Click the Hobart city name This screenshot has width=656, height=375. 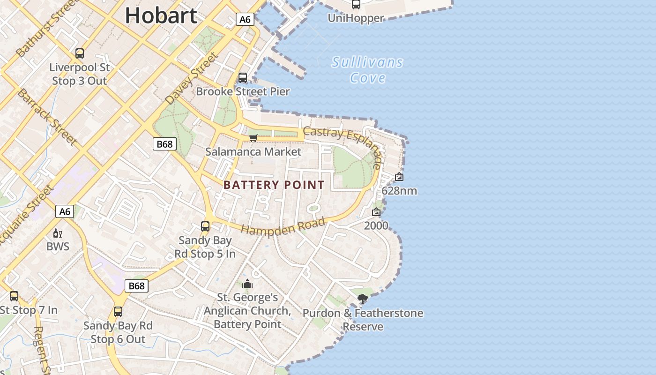point(161,16)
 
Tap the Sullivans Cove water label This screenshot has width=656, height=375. point(367,69)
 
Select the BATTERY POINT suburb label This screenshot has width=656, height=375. point(274,185)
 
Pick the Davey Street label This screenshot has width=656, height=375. point(192,79)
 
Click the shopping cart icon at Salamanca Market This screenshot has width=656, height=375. point(253,138)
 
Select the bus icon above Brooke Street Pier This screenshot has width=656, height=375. point(243,78)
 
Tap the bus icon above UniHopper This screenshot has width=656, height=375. point(356,5)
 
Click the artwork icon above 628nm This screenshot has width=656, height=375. point(399,177)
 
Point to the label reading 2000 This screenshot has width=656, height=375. point(376,225)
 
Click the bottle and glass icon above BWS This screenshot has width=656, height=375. point(58,233)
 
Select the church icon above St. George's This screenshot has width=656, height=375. point(247,284)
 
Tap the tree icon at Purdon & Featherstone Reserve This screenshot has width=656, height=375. point(362,299)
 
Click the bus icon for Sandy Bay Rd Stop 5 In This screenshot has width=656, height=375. point(205,226)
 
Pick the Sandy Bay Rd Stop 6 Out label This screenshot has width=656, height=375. point(118,332)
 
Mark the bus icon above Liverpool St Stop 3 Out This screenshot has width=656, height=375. point(80,53)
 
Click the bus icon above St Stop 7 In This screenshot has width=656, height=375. point(14,296)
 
